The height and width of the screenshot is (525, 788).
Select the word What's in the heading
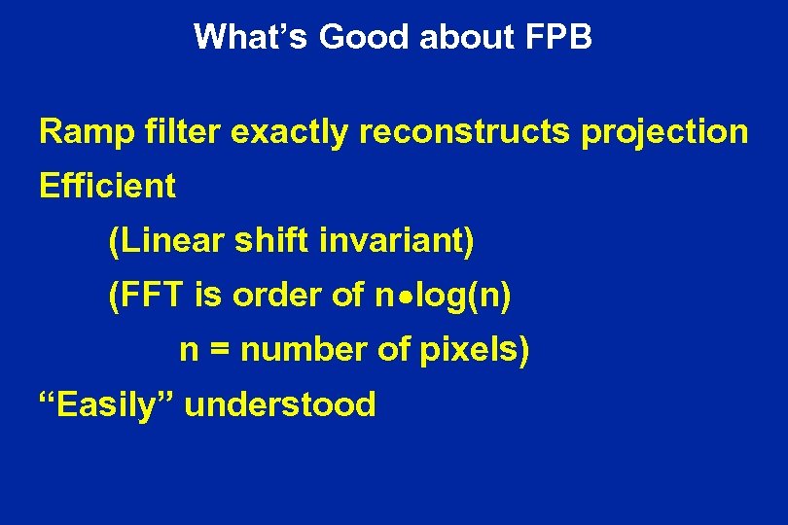(251, 37)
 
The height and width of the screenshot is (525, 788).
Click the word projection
(665, 133)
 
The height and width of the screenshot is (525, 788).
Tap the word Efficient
(107, 186)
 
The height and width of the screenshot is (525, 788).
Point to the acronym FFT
(148, 296)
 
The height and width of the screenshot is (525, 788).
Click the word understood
(280, 403)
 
